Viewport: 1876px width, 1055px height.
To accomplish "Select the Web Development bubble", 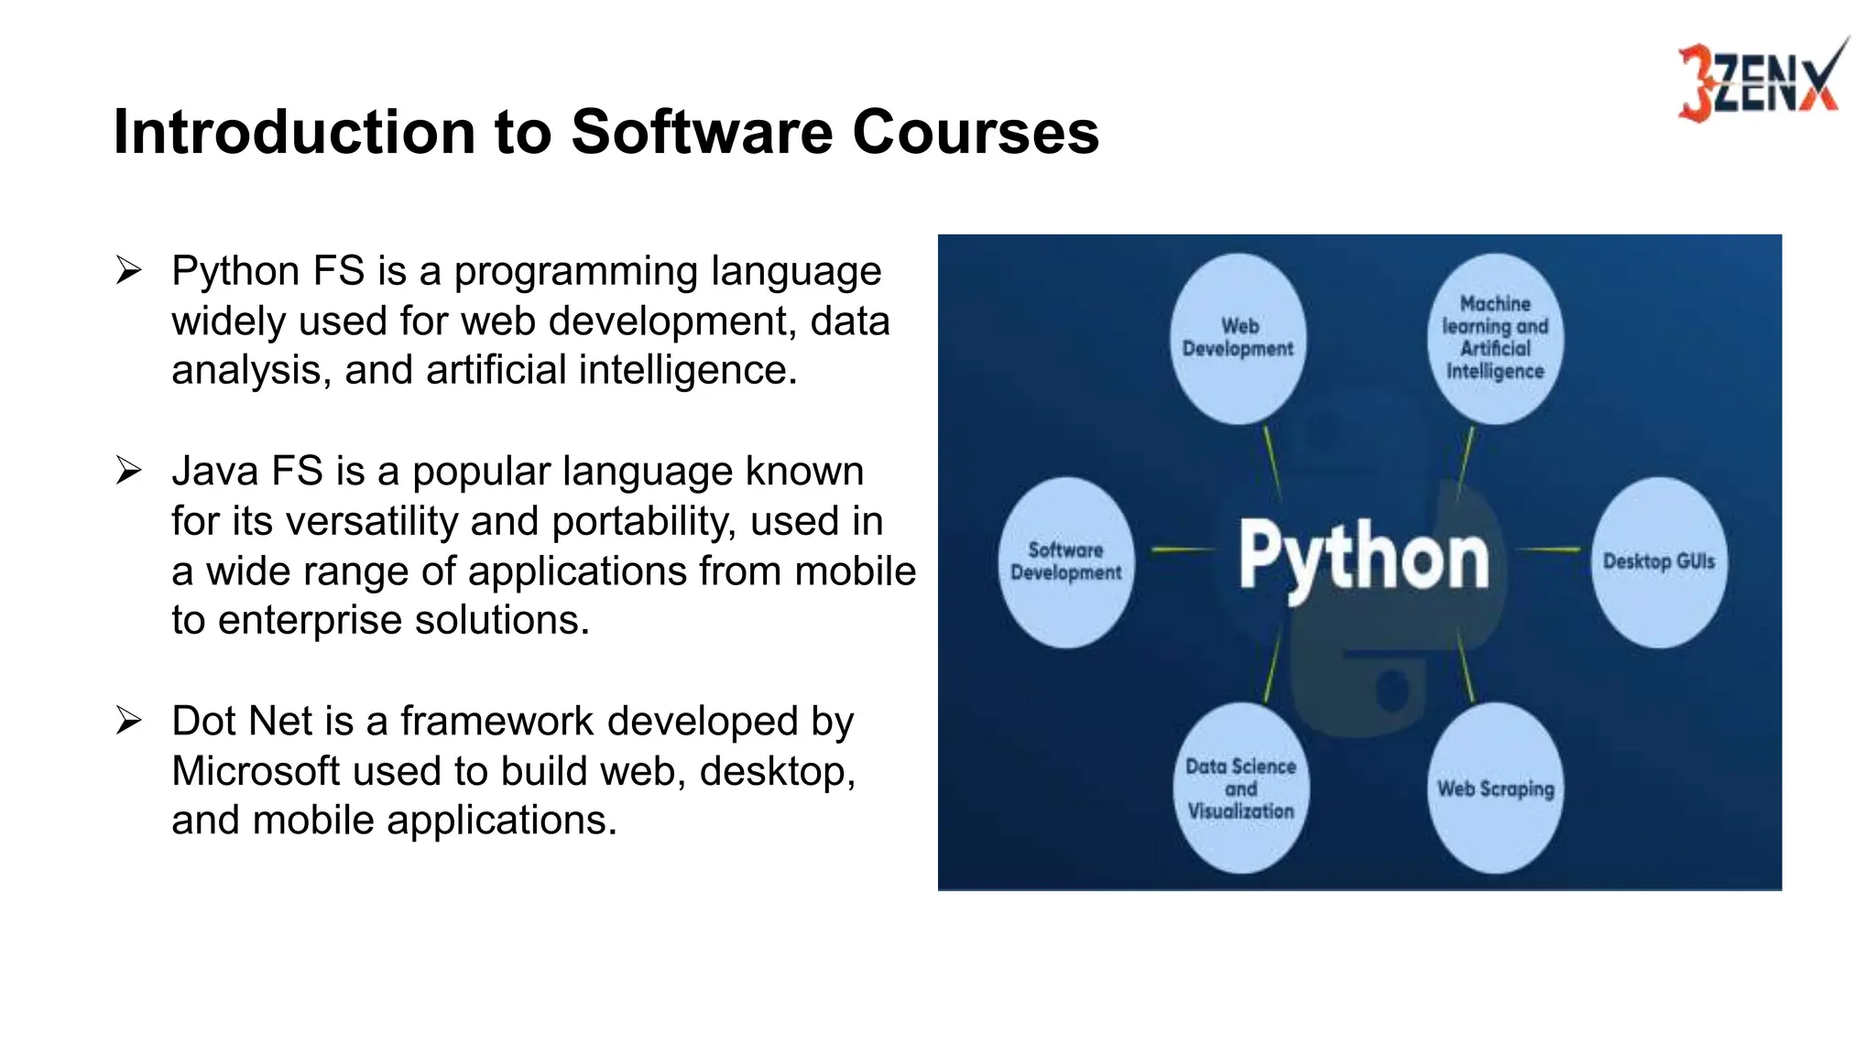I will pos(1238,339).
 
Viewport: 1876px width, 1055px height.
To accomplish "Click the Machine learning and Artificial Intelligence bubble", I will pos(1495,339).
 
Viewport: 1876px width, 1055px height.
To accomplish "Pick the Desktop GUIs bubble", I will pos(1658,561).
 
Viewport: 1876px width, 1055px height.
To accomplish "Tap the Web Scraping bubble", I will pos(1495,789).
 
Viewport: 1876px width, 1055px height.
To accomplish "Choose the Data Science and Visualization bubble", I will pos(1240,789).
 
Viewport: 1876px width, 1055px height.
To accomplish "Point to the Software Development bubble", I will pos(1066,561).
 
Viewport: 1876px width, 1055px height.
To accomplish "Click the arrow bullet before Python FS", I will pos(129,271).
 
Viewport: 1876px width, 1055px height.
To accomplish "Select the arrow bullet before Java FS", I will pos(129,472).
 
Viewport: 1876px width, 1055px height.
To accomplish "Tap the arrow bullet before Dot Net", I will pos(129,722).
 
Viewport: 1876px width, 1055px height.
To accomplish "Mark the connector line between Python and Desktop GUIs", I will pos(1549,549).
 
